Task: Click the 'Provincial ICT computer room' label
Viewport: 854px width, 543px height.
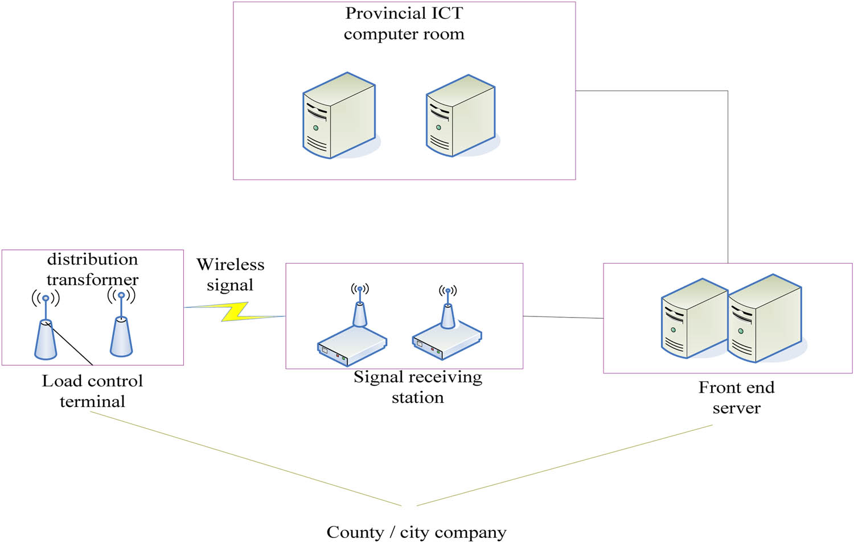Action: pyautogui.click(x=404, y=23)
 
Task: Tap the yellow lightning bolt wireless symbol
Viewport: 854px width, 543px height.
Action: pyautogui.click(x=235, y=311)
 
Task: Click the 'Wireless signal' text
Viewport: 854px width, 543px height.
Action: pyautogui.click(x=230, y=274)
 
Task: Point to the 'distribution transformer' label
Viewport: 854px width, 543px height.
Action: pyautogui.click(x=92, y=269)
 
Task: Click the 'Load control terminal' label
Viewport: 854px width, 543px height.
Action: pyautogui.click(x=92, y=391)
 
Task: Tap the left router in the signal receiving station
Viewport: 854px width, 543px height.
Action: pyautogui.click(x=352, y=339)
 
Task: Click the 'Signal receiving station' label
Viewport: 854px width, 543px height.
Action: pyautogui.click(x=417, y=387)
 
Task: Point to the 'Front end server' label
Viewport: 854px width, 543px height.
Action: pyautogui.click(x=736, y=397)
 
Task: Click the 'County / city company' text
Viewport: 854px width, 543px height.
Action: pyautogui.click(x=416, y=532)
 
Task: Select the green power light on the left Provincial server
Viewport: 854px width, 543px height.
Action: pyautogui.click(x=315, y=128)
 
